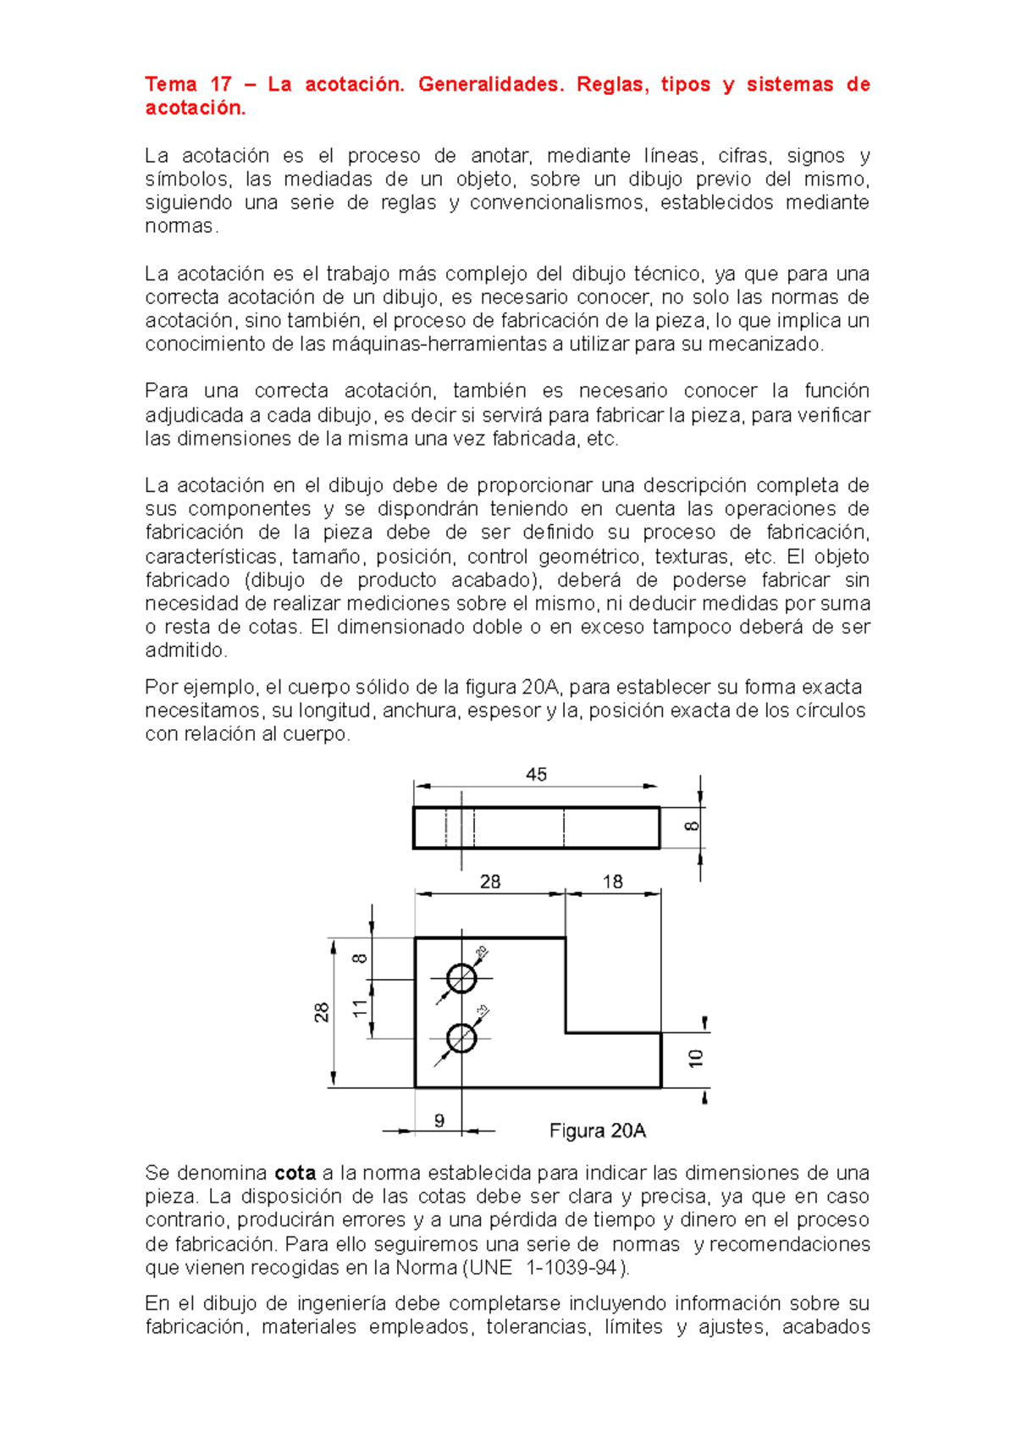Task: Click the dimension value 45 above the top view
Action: tap(536, 774)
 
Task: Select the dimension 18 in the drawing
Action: tap(612, 882)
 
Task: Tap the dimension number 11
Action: tap(361, 1008)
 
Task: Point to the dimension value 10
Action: tap(695, 1058)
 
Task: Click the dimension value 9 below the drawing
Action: tap(439, 1120)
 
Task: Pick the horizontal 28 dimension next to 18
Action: tap(490, 882)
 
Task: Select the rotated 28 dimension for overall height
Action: tap(322, 1013)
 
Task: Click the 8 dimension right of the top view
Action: tap(692, 826)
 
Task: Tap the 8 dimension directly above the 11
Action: tap(361, 959)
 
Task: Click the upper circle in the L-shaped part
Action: tap(461, 978)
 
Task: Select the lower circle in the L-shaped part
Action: tap(461, 1037)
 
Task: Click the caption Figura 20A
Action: tap(598, 1131)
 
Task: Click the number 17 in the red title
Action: tap(220, 84)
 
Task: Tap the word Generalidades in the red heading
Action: tap(490, 84)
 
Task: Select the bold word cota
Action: tap(295, 1173)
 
